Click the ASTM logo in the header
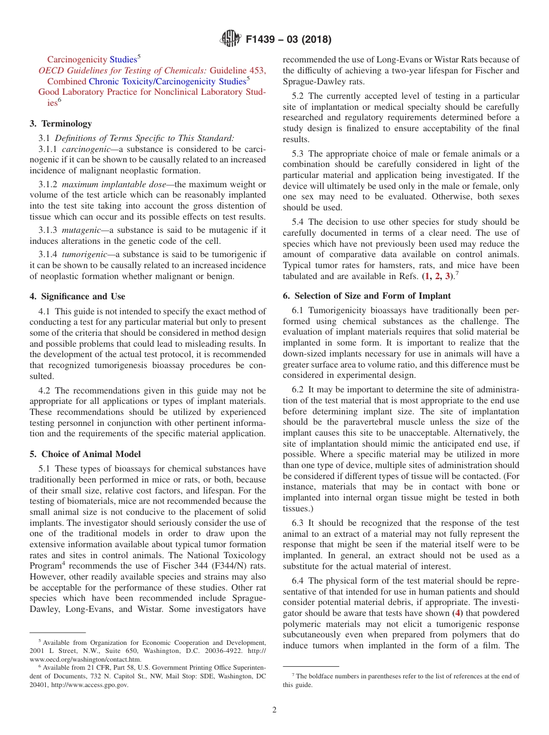point(231,39)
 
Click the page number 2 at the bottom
point(274,710)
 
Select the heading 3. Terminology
point(61,124)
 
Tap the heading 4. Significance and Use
point(77,296)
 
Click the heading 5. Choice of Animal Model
point(85,454)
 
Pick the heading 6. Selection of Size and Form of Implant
point(366,296)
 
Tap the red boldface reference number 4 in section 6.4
point(458,613)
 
